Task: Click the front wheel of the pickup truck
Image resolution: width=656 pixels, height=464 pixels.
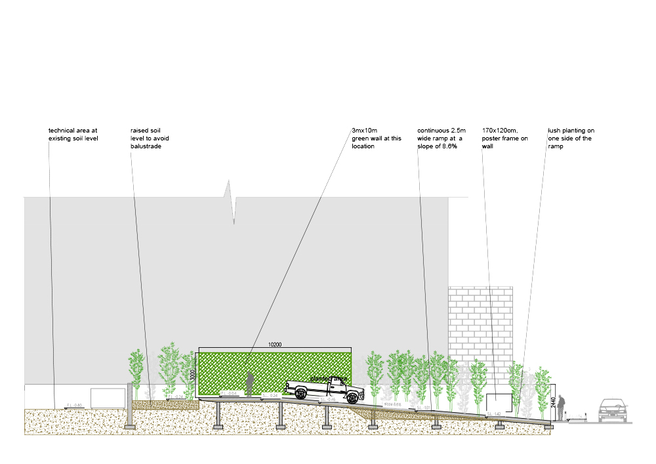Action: [x=352, y=397]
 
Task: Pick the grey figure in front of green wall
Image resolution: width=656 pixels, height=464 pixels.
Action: [x=249, y=384]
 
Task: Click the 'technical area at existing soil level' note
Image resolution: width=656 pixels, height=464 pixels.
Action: [x=73, y=135]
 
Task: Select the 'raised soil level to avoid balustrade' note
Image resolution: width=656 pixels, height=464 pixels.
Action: [x=150, y=138]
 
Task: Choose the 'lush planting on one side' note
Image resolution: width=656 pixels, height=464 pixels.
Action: [x=571, y=138]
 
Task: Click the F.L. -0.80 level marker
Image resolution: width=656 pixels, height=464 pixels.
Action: [x=74, y=405]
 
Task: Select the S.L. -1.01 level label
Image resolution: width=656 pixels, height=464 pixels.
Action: [x=422, y=408]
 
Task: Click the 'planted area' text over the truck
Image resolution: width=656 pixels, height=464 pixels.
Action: [x=328, y=379]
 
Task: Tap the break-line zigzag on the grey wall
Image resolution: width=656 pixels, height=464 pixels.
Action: [x=231, y=200]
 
